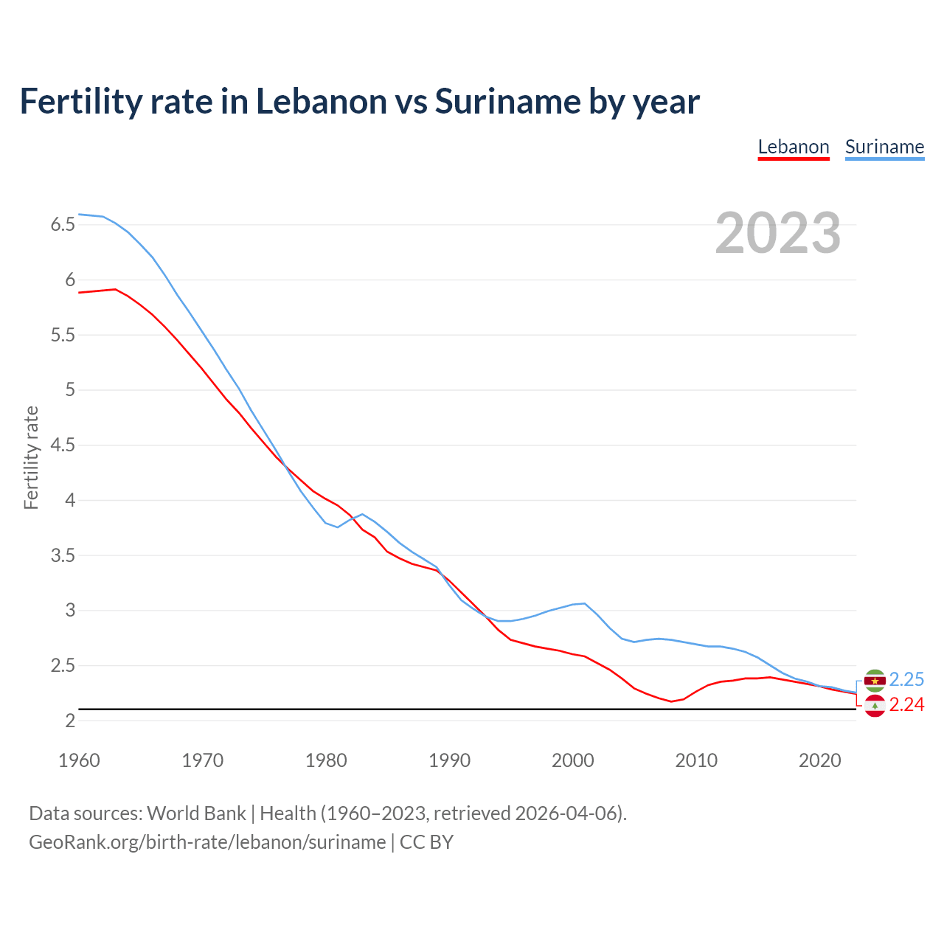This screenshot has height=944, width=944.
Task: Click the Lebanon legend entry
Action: point(794,147)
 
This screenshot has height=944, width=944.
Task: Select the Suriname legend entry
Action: point(884,147)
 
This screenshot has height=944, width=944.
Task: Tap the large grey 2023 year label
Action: point(777,233)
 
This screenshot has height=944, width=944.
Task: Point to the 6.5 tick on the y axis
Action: point(63,224)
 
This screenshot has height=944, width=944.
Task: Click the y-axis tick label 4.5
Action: point(63,445)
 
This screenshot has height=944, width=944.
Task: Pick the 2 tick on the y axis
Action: point(70,721)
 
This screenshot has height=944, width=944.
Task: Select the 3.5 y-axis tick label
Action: point(63,555)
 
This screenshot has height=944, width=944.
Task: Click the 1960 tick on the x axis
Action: point(79,760)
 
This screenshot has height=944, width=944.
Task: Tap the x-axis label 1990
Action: point(449,760)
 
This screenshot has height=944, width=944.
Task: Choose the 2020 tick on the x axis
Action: point(819,760)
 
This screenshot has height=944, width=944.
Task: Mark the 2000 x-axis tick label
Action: point(573,760)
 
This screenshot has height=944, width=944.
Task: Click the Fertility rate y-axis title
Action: point(31,457)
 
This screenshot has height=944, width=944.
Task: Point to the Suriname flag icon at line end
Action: point(875,680)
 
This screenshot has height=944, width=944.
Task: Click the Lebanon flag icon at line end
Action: point(875,706)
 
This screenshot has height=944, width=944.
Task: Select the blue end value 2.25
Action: point(906,679)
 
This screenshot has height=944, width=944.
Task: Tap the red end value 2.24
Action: point(906,705)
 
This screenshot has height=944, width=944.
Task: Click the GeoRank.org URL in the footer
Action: point(207,842)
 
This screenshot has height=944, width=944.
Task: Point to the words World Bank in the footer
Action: point(196,813)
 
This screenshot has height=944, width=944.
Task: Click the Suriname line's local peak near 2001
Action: point(585,603)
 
